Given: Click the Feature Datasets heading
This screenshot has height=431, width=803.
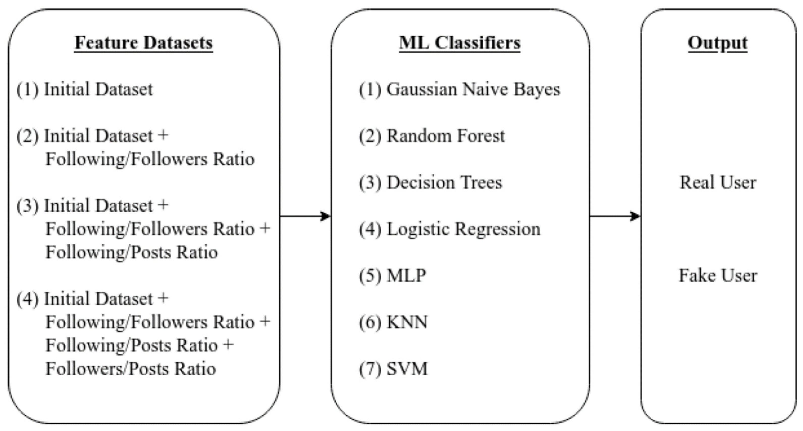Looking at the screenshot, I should click(x=144, y=43).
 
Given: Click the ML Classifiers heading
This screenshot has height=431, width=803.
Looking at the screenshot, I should click(x=460, y=43).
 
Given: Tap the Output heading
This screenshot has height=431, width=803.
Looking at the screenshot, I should click(x=718, y=43).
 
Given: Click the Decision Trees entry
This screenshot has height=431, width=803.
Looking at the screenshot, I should click(x=444, y=183).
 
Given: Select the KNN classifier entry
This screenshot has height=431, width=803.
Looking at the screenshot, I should click(x=407, y=322).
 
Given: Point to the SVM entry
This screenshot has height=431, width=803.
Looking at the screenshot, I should click(x=407, y=369).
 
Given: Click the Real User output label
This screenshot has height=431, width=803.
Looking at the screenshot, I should click(x=718, y=183).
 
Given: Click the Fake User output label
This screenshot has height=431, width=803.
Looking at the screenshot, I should click(x=718, y=276).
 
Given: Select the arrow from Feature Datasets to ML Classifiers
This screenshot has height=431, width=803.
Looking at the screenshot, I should click(x=305, y=216).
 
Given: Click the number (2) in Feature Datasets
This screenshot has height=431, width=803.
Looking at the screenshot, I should click(x=28, y=136).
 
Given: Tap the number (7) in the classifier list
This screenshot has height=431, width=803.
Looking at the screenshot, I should click(x=370, y=369).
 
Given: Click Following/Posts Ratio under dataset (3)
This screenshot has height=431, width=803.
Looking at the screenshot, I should click(x=131, y=252).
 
